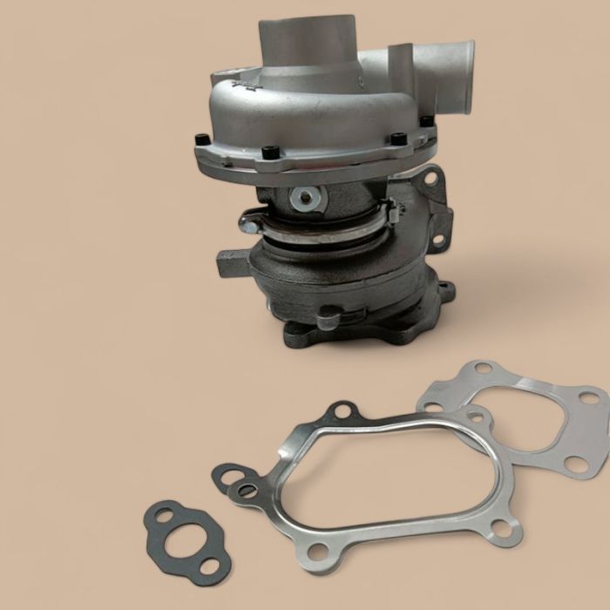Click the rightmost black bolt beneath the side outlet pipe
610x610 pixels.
tap(424, 123)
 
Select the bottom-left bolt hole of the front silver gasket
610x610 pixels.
tap(319, 551)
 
